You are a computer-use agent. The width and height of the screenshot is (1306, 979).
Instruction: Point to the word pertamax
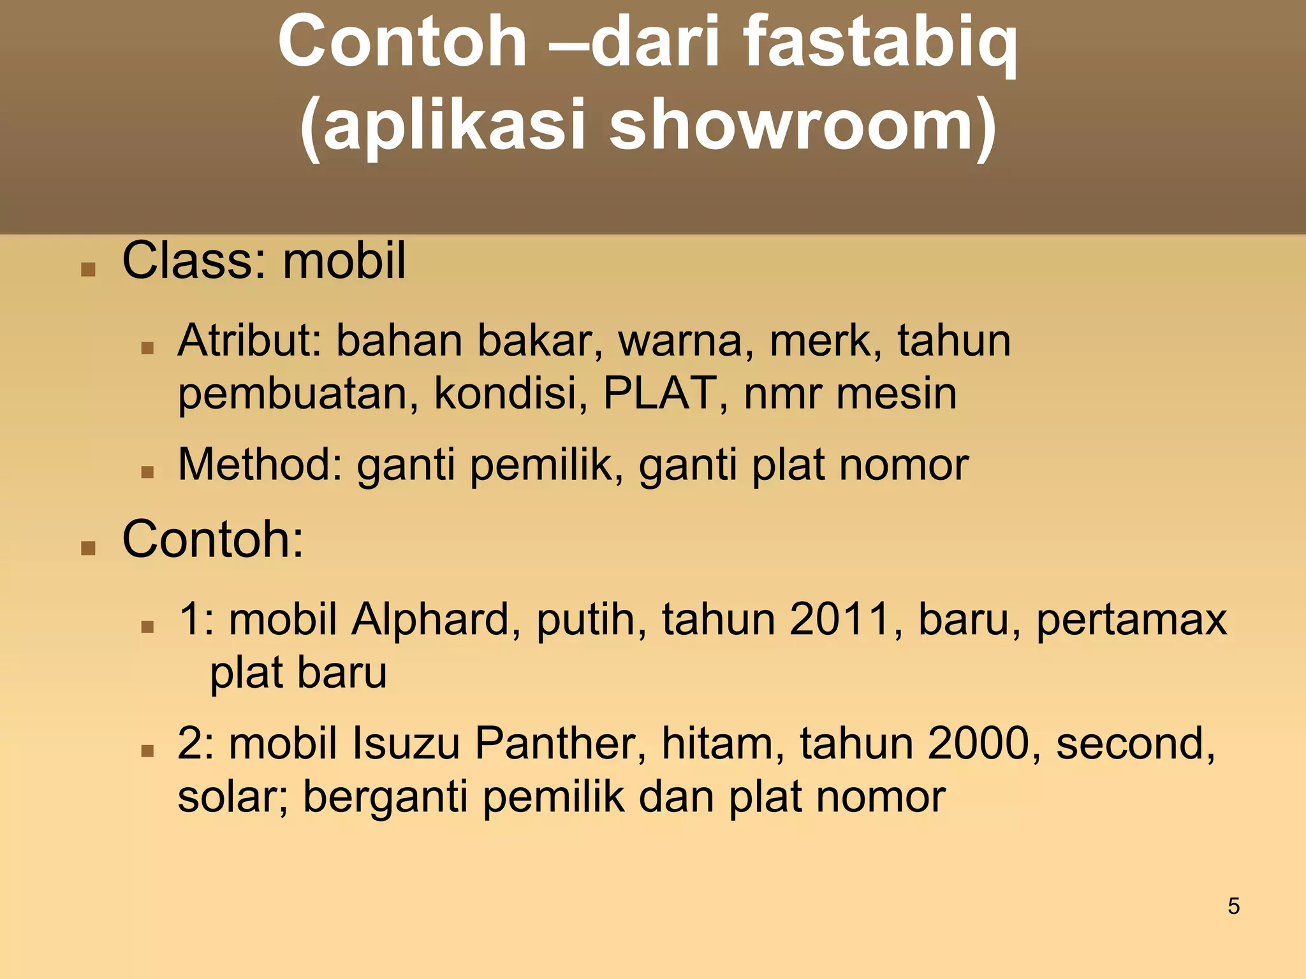[x=1131, y=620]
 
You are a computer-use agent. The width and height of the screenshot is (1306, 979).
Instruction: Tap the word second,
[x=1136, y=744]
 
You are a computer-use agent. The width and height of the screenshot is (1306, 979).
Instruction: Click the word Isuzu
[x=406, y=744]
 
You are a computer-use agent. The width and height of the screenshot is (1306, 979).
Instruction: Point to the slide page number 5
[x=1234, y=906]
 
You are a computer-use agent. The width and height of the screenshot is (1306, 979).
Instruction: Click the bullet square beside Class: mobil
[x=88, y=270]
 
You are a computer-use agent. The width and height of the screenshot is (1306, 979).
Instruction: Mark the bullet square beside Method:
[x=147, y=472]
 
